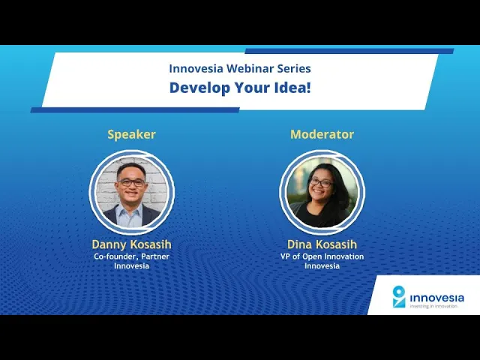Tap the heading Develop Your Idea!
coord(240,88)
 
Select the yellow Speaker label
coord(132,135)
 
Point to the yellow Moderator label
coord(322,134)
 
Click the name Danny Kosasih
coord(132,244)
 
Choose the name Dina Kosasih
coord(322,244)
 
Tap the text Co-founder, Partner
coord(132,256)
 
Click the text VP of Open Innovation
coord(322,256)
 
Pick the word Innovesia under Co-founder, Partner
coord(132,265)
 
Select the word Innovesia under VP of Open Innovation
coord(322,265)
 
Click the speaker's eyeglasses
coord(132,182)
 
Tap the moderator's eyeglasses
coord(321,183)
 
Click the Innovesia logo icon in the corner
coord(399,296)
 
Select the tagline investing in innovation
coord(433,306)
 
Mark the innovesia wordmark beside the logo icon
coord(436,298)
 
